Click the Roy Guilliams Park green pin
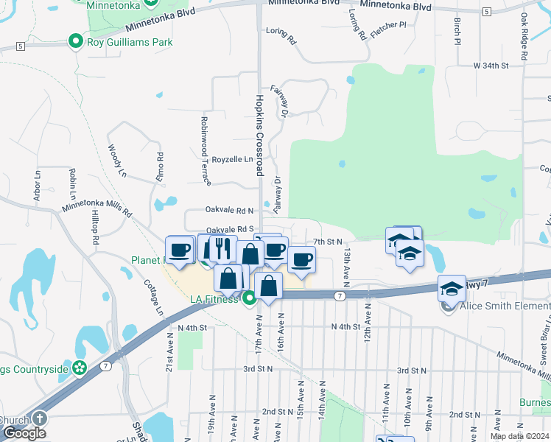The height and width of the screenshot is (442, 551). point(74,42)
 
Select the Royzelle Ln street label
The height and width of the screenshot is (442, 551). point(232,159)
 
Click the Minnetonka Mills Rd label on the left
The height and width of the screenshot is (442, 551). point(96,209)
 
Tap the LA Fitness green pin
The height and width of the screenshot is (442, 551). point(249,298)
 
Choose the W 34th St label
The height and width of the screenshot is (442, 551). point(491,66)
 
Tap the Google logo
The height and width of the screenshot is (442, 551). point(24,433)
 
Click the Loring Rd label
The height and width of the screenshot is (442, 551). point(281,35)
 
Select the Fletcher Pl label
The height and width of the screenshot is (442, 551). point(389,25)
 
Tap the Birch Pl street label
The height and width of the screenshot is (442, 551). point(457,30)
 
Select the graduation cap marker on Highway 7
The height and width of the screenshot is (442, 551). point(452,288)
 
